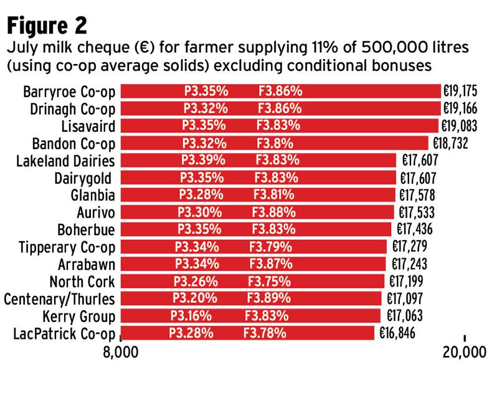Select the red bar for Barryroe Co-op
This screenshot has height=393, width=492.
pos(280,91)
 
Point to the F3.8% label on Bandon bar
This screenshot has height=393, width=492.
pos(275,144)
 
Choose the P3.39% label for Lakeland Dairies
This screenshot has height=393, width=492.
pos(204,160)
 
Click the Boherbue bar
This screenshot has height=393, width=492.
pos(255,229)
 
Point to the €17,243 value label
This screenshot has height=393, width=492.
pos(410,264)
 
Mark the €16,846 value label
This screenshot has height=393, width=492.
pos(397,333)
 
